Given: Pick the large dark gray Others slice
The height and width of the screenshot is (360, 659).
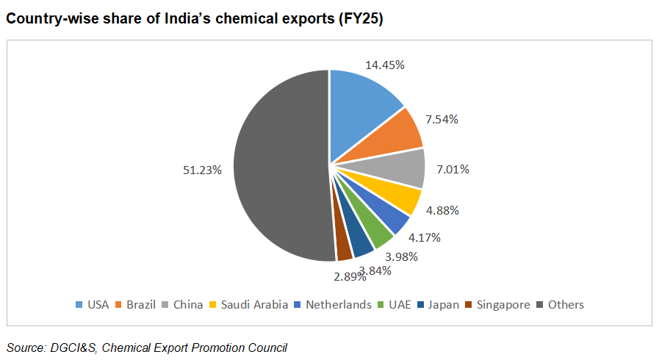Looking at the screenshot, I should click(279, 165).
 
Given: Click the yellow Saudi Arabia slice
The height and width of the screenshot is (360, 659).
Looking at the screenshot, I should click(397, 197).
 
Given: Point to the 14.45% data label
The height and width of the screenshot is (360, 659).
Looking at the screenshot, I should click(385, 65).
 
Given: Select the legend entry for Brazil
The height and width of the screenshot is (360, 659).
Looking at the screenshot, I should click(134, 304).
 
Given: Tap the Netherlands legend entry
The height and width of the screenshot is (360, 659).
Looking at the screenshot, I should click(332, 304).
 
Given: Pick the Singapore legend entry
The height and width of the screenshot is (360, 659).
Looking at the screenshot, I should click(497, 304).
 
